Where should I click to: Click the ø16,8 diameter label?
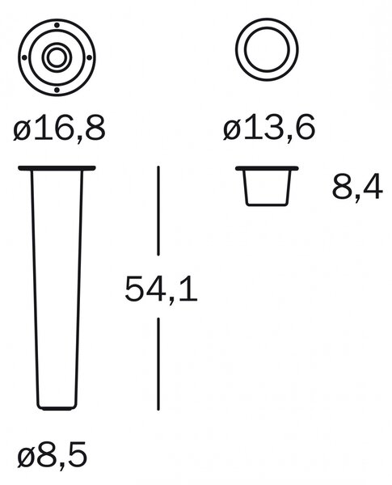coord(59,128)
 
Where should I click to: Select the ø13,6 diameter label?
coord(269,127)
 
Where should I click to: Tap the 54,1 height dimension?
coord(161,289)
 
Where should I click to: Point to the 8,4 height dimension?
coord(357,188)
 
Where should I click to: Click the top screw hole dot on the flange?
coord(57,25)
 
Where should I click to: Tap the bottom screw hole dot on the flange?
coord(57,90)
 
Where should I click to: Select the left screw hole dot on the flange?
coord(24,57)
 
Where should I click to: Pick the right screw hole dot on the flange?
coord(89,57)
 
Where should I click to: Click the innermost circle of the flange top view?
coord(57,49)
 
